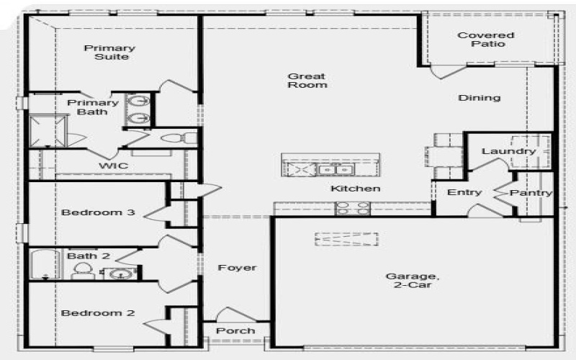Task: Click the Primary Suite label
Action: pos(109,53)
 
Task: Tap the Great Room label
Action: pos(307,80)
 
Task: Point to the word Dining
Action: pos(479,98)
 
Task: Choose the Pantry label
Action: pos(531,193)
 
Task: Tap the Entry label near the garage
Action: pos(464,192)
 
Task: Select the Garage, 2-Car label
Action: pos(411,281)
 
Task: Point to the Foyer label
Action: pos(237,268)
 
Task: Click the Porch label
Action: pos(235,330)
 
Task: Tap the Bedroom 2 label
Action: pos(88,313)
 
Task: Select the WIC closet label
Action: pos(113,166)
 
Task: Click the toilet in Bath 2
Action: pos(83,271)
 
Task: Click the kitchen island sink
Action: pos(336,169)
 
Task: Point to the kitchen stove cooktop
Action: pos(354,208)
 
